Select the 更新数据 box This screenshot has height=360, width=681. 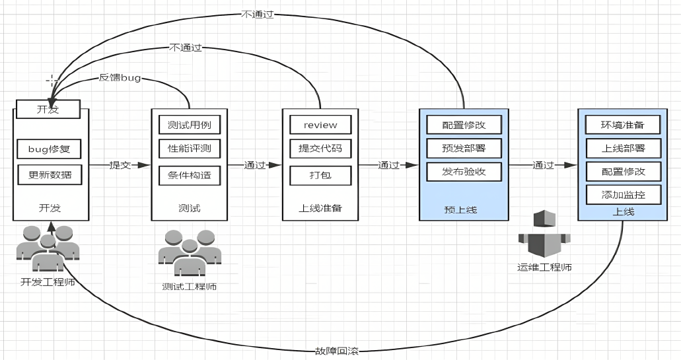point(50,175)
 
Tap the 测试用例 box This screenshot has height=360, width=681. point(189,125)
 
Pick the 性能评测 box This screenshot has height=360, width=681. point(189,149)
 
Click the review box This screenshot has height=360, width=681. point(320,125)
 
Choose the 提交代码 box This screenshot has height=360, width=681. point(320,149)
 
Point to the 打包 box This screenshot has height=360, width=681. point(320,176)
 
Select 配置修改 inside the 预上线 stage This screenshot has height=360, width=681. point(464,124)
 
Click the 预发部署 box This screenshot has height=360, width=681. point(464,147)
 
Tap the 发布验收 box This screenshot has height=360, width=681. point(464,172)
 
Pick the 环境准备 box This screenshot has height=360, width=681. point(624,125)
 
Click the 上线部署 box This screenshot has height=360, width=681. point(624,148)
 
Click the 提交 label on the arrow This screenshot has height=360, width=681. point(120,165)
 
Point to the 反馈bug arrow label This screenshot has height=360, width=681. point(120,78)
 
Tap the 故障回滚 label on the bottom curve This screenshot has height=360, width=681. point(337,350)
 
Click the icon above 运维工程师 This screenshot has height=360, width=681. point(544,235)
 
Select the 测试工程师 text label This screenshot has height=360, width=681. point(189,287)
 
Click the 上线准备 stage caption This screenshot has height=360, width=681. point(320,209)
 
